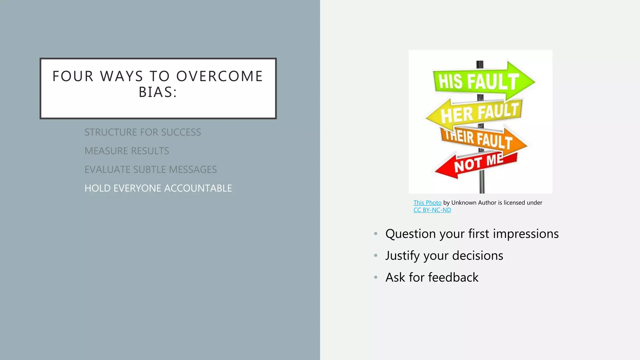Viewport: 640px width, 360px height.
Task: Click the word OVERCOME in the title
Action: click(219, 76)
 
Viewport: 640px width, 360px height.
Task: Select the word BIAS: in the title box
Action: click(158, 92)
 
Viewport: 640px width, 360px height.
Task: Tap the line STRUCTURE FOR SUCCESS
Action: click(142, 132)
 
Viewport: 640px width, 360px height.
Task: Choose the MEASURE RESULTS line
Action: click(127, 151)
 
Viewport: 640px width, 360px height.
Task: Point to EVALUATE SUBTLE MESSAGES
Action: click(150, 169)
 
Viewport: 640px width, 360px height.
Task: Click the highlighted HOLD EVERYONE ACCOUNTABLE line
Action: click(158, 188)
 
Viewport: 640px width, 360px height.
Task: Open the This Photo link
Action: click(427, 202)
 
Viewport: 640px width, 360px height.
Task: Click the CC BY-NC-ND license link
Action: click(432, 210)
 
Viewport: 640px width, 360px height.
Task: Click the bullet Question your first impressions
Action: click(472, 234)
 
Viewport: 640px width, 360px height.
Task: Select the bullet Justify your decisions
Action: click(444, 256)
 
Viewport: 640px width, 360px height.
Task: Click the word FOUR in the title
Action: click(73, 76)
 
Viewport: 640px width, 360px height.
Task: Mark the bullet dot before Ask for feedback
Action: click(376, 277)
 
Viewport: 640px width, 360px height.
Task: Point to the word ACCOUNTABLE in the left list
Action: click(198, 188)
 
